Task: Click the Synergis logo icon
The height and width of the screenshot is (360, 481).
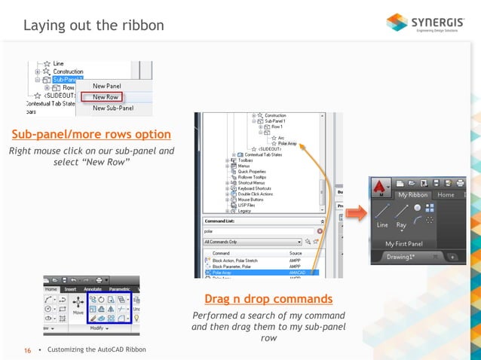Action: pyautogui.click(x=397, y=23)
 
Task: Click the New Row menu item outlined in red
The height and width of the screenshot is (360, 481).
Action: pyautogui.click(x=106, y=97)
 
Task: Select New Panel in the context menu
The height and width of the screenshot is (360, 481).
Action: pyautogui.click(x=106, y=86)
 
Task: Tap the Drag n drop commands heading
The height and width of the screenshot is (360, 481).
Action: pyautogui.click(x=268, y=298)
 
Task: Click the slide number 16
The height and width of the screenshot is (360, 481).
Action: pyautogui.click(x=28, y=349)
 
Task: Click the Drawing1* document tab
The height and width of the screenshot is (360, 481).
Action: pyautogui.click(x=404, y=257)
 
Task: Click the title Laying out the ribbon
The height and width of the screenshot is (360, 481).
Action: pyautogui.click(x=93, y=26)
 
